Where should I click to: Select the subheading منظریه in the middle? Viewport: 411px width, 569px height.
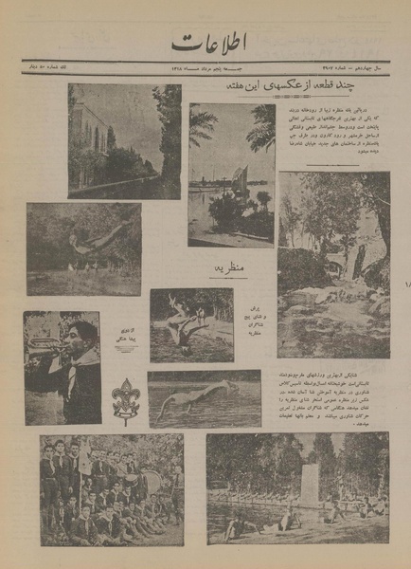(x=227, y=269)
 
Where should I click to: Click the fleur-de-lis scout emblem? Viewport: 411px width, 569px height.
(x=125, y=398)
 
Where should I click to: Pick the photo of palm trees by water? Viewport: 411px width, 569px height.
(x=231, y=175)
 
